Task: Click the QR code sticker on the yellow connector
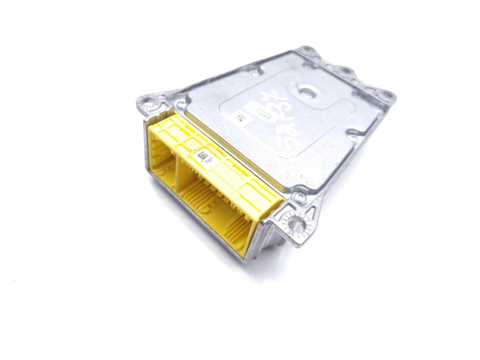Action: [x=202, y=155]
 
